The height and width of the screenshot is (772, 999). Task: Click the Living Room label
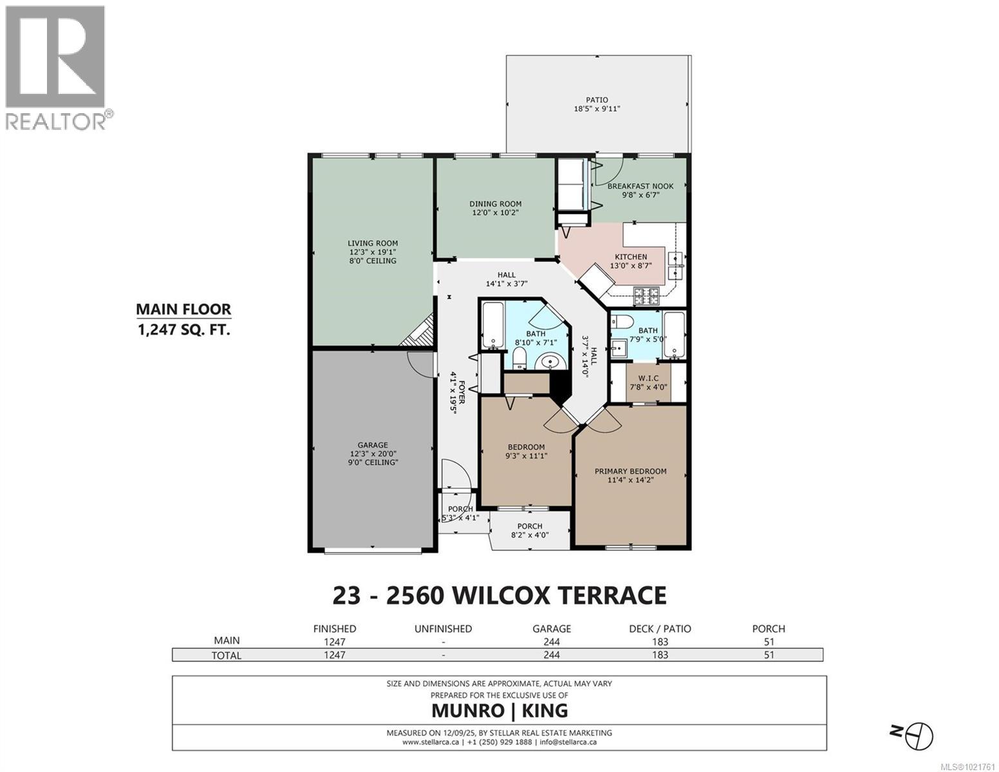click(372, 243)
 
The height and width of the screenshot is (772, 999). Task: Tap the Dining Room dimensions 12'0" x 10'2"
click(495, 212)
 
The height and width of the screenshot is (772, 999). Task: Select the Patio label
click(596, 100)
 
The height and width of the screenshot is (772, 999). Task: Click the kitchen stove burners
click(648, 297)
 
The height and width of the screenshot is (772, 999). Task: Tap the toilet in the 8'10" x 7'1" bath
click(520, 358)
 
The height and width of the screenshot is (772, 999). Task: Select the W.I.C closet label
click(648, 378)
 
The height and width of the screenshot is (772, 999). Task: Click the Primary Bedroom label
click(630, 471)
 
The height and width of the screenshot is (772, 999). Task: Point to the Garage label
click(373, 445)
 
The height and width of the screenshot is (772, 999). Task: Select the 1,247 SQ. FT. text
click(183, 330)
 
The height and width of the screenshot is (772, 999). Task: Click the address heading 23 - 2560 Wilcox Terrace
click(499, 595)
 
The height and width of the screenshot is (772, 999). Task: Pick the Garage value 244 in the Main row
click(551, 641)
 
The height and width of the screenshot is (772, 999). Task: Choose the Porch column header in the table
click(768, 629)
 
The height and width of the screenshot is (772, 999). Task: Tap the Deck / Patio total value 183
click(659, 655)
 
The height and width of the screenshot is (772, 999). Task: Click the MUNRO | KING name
click(499, 711)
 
